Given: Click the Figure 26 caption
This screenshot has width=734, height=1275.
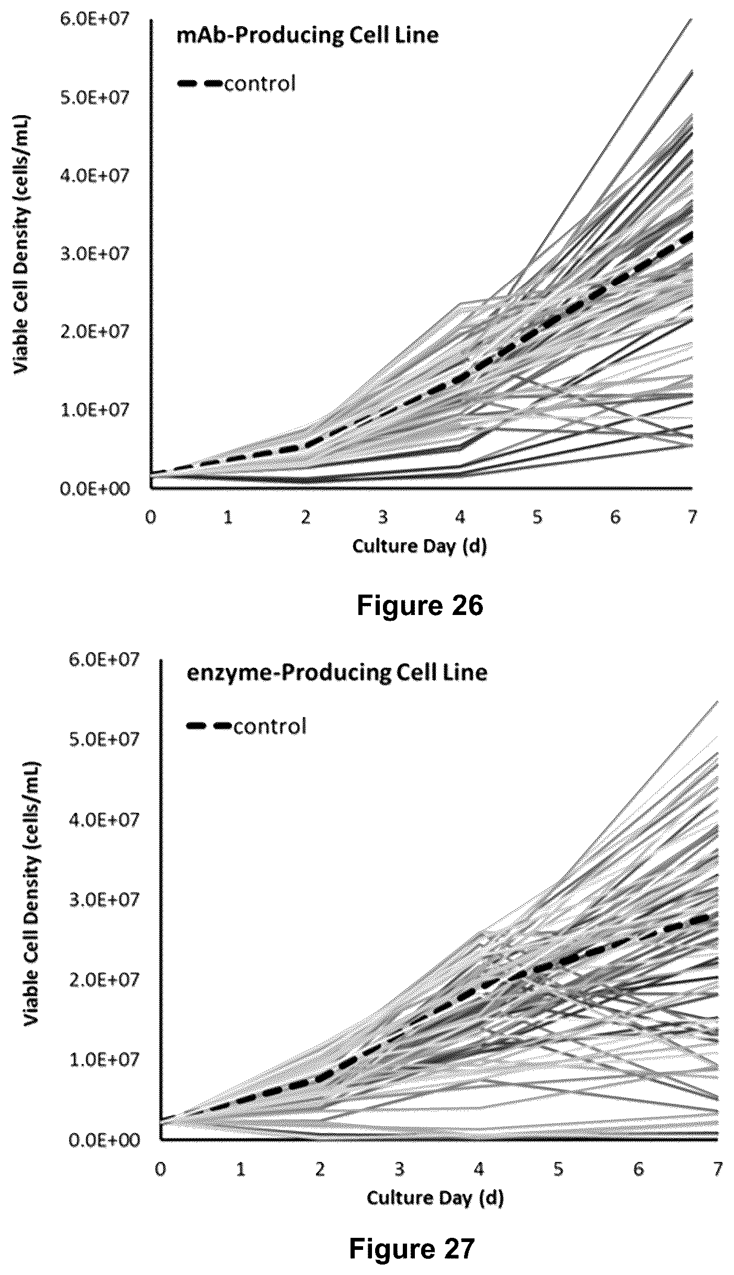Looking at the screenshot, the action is click(x=420, y=606).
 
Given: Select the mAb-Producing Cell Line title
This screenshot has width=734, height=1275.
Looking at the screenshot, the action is click(x=308, y=36).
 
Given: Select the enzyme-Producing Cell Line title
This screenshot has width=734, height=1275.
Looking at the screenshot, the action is click(x=337, y=672).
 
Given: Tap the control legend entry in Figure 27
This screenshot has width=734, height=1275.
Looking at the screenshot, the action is click(x=246, y=726).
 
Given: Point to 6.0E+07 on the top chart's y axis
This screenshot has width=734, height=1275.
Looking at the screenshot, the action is click(x=94, y=19).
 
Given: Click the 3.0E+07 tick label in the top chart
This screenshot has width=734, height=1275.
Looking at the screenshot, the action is click(x=94, y=253).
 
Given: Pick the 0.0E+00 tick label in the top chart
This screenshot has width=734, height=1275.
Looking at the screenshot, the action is click(x=94, y=488).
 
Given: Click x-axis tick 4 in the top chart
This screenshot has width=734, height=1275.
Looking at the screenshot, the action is click(x=460, y=517).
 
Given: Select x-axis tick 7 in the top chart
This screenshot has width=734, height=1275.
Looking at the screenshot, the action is click(x=692, y=517).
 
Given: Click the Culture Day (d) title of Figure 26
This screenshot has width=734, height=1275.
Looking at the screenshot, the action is click(x=420, y=546).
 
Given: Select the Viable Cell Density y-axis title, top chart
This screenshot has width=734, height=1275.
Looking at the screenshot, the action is click(x=21, y=243).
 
